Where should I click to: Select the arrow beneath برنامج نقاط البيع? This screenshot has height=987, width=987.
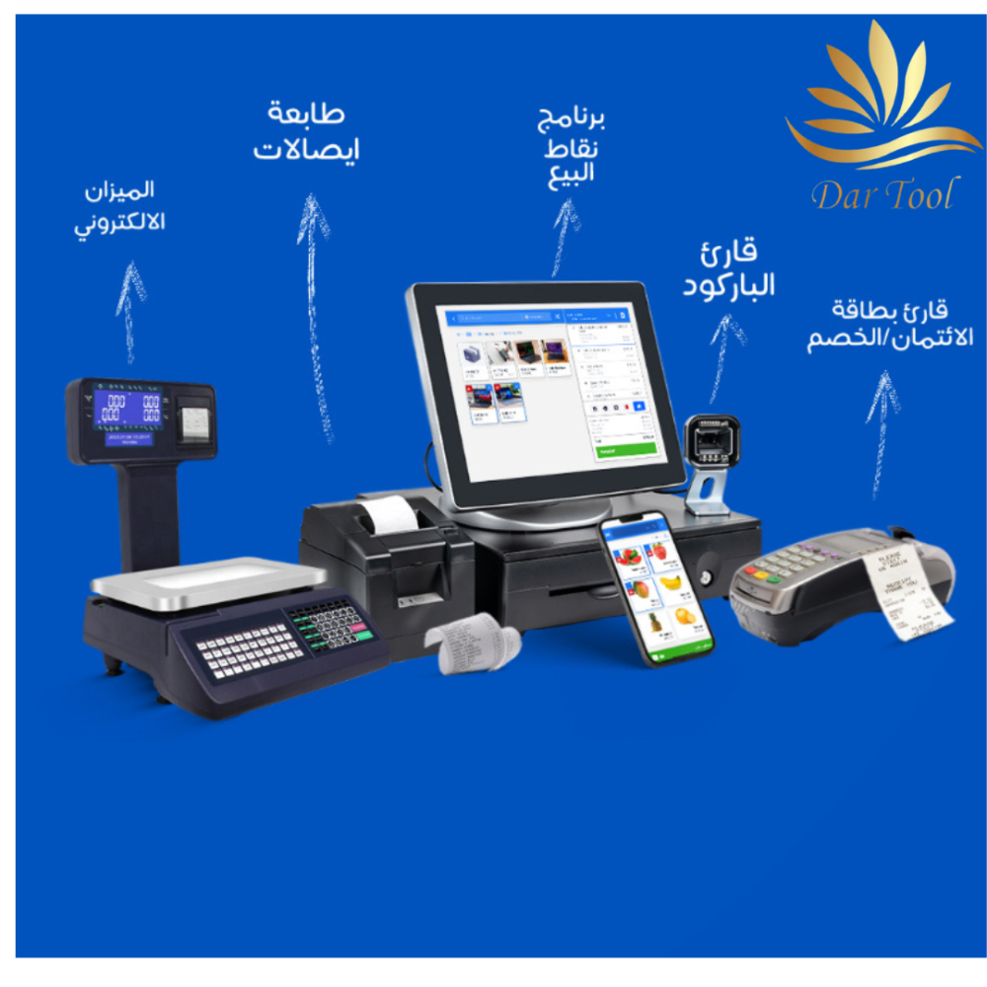(566, 237)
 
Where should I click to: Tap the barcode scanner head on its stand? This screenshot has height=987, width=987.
(712, 439)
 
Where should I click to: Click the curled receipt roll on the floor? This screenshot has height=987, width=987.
(472, 645)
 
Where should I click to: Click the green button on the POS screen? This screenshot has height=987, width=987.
(626, 449)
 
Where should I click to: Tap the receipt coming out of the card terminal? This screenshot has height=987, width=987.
(903, 587)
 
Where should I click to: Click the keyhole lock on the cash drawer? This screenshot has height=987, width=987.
(705, 574)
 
